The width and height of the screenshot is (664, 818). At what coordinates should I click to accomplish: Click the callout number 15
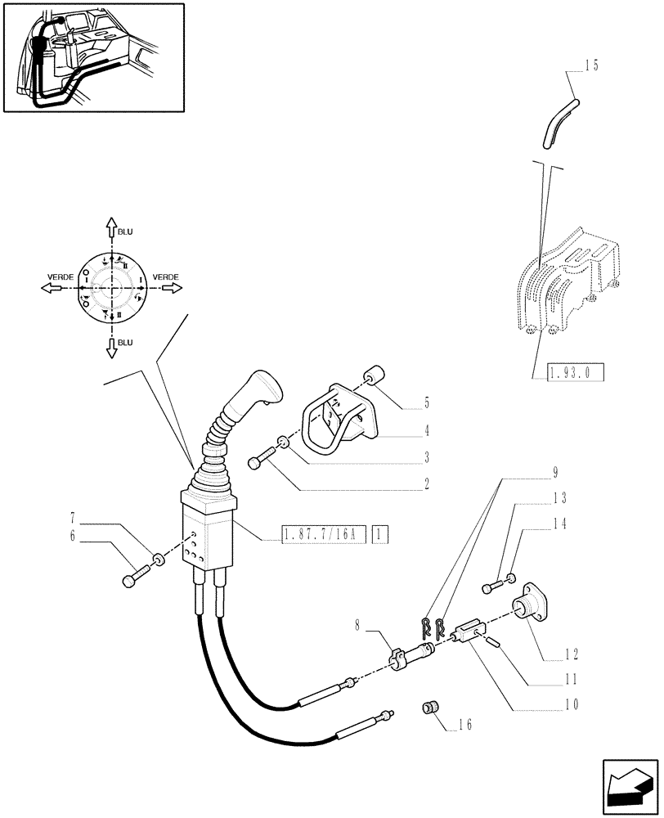[x=591, y=66]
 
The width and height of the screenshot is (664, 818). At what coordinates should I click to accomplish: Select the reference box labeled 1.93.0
[x=567, y=373]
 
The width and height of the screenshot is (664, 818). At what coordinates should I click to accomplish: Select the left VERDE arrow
[x=48, y=288]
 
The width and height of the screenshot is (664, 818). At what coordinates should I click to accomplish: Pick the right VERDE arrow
[x=169, y=288]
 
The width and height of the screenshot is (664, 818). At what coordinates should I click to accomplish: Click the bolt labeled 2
[x=258, y=463]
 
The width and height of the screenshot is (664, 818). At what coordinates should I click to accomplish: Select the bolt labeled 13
[x=491, y=587]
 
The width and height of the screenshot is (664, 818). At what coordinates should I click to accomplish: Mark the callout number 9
[x=555, y=472]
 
